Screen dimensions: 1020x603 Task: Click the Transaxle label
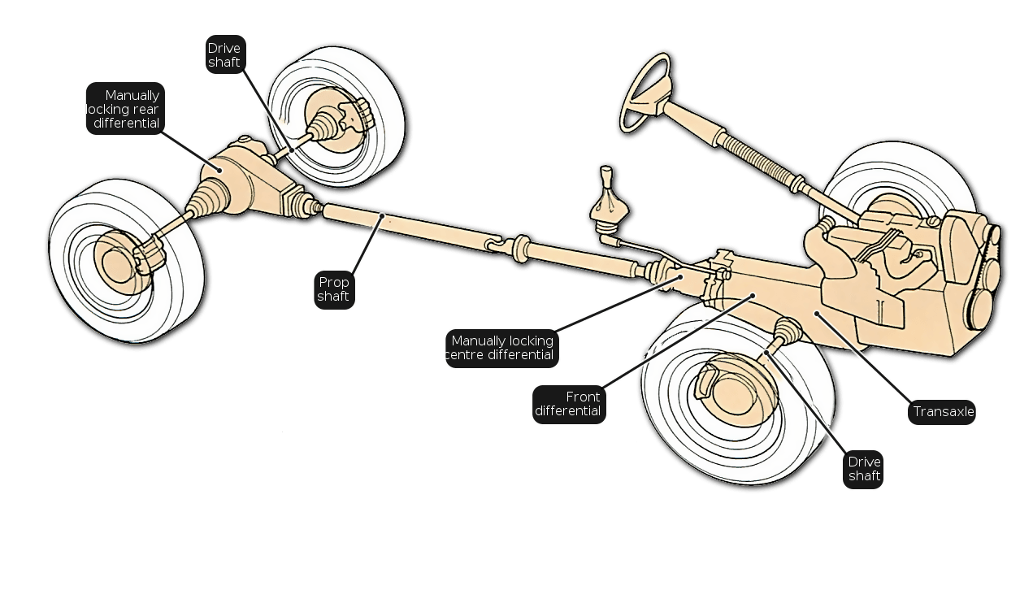tap(941, 412)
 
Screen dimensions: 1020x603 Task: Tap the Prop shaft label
tap(334, 289)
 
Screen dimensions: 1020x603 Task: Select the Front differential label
tap(569, 405)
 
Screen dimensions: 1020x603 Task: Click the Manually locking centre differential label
tap(501, 349)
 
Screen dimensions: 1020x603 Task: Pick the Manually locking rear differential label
tap(125, 108)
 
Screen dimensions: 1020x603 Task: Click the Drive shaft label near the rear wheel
tap(225, 54)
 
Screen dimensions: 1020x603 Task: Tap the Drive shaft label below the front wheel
tap(863, 470)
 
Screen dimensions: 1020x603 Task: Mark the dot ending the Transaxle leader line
tap(818, 314)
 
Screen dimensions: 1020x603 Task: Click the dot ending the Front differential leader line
tap(753, 296)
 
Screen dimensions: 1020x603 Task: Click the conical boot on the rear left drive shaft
tap(206, 199)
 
